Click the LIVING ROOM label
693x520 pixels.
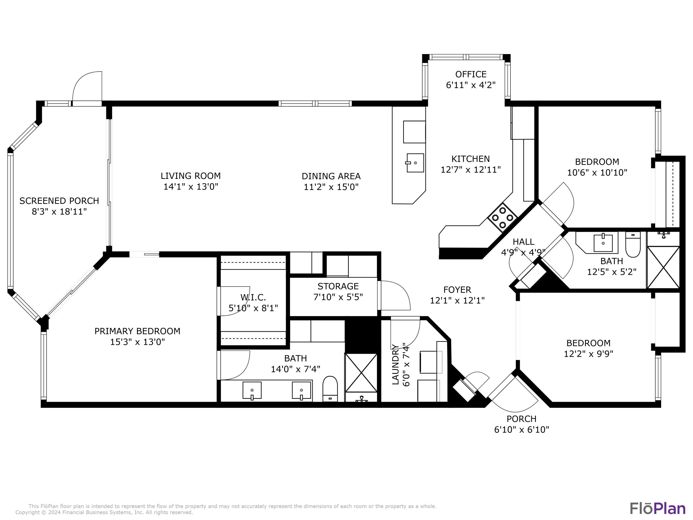coord(191,176)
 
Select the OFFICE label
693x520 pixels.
coord(471,74)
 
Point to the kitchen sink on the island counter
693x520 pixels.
coord(415,163)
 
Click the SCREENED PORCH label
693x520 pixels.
coord(59,201)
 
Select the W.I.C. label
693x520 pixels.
coord(253,297)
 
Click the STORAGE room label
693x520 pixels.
coord(338,286)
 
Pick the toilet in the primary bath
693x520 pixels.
coord(330,389)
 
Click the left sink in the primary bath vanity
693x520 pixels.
coord(252,391)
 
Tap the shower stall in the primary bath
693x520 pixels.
coord(361,373)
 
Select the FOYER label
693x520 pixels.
coord(457,290)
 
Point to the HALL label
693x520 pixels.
coord(523,242)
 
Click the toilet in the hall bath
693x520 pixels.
coord(633,245)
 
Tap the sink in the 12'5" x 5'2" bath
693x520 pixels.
coord(603,243)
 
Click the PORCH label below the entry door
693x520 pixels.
coord(522,419)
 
